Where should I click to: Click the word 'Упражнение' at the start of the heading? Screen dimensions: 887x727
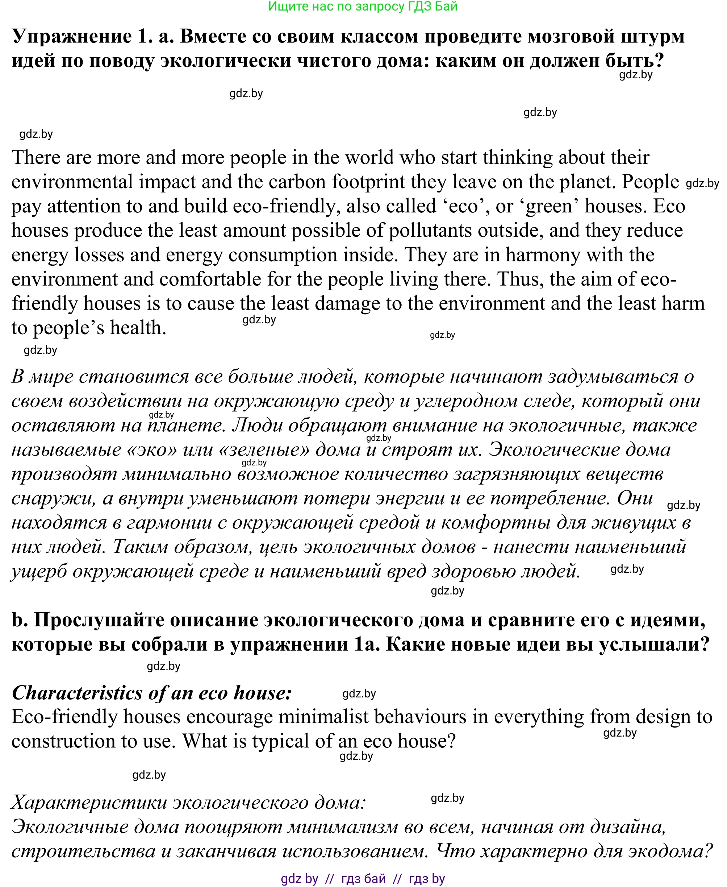point(72,37)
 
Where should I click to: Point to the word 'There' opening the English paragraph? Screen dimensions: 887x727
point(35,158)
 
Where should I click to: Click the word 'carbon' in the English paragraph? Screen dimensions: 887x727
point(297,182)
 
